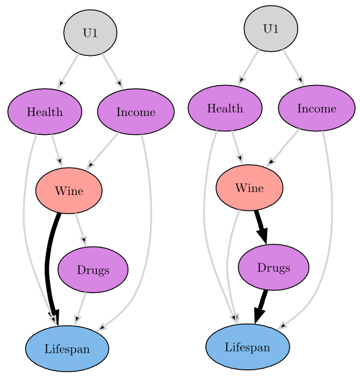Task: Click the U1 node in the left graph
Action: pos(90,33)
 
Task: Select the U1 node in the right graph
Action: pos(271,29)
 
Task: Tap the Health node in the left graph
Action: pos(45,112)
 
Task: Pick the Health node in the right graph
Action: pos(225,108)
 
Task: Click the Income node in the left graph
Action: pos(136,112)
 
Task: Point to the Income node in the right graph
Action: pos(317,108)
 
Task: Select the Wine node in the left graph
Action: pos(69,191)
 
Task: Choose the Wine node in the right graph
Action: pos(249,188)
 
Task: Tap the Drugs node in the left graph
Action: pos(93,269)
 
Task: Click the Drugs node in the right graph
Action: pos(274,268)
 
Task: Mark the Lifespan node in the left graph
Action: pos(67,348)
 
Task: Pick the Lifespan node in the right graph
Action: pos(248,347)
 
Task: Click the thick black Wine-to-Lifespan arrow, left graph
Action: pos(48,267)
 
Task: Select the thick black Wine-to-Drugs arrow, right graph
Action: pos(261,227)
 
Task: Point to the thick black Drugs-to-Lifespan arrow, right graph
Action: pos(261,307)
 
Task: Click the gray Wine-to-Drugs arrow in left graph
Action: pos(81,230)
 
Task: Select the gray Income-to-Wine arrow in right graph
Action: pos(283,147)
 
